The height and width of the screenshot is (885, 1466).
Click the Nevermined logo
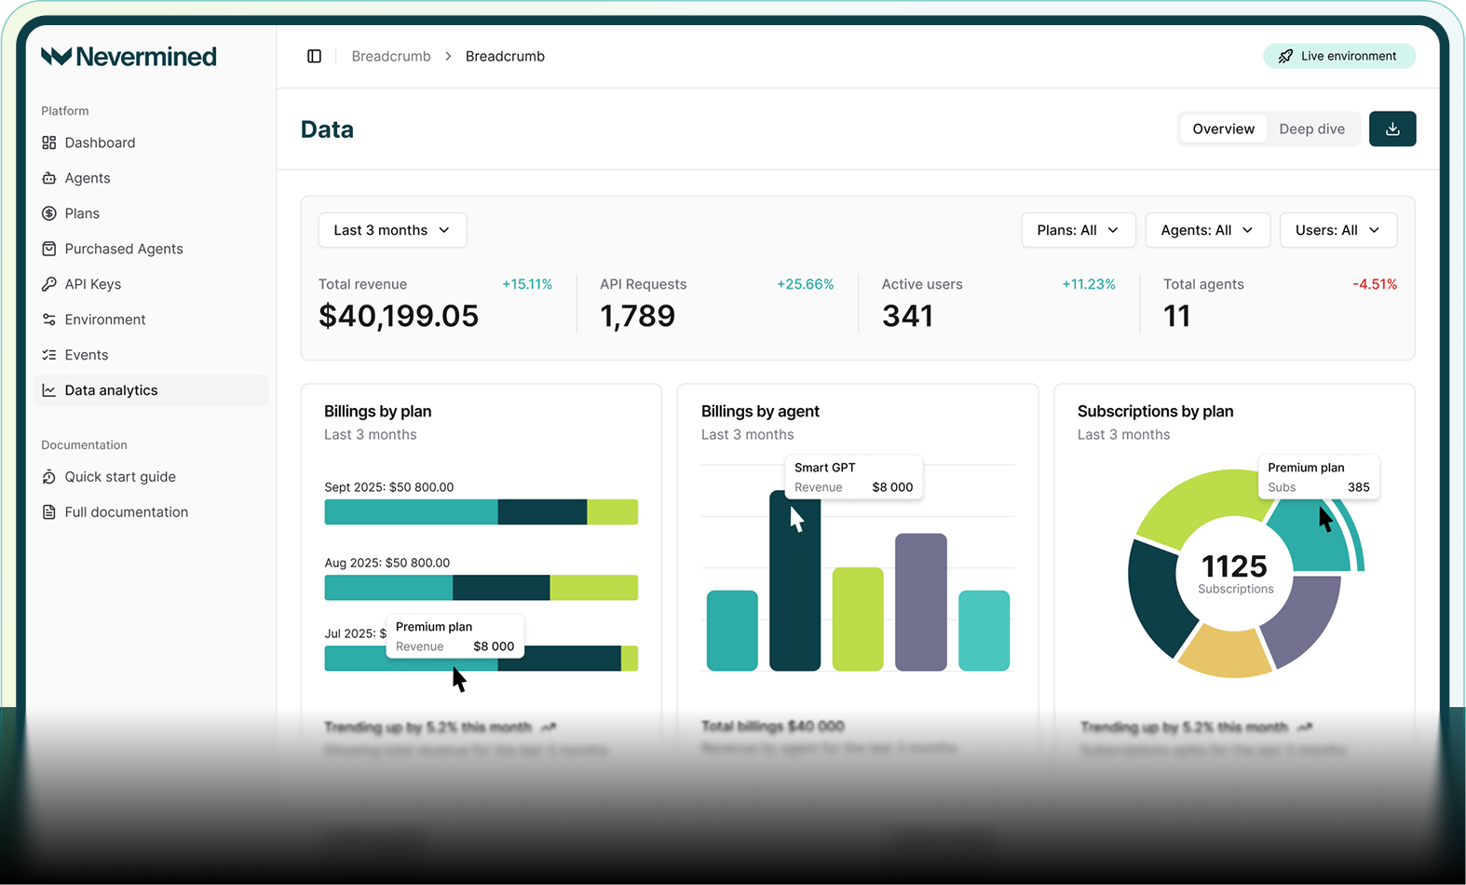(129, 57)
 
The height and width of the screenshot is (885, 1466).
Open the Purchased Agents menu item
(123, 249)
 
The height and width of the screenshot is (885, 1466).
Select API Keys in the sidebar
(92, 284)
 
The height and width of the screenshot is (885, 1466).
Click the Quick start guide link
(119, 477)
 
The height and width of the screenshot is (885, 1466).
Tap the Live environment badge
(1338, 56)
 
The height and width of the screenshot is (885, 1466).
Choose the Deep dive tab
(1310, 129)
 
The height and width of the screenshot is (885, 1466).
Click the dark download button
(1391, 129)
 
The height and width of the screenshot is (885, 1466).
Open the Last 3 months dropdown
(392, 230)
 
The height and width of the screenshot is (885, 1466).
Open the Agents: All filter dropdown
(1206, 230)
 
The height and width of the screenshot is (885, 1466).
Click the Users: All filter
(1337, 230)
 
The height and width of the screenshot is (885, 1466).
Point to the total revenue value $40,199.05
(399, 316)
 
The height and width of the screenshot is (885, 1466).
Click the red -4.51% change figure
(1374, 284)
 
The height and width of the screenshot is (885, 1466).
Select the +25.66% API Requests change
(805, 284)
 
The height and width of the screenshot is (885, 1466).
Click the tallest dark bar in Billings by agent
(794, 596)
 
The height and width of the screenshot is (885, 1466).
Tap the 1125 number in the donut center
(1234, 565)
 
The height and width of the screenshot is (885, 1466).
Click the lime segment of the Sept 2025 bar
(612, 511)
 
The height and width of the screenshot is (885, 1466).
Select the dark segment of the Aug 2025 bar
(501, 588)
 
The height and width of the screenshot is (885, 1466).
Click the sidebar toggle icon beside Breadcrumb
(314, 56)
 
